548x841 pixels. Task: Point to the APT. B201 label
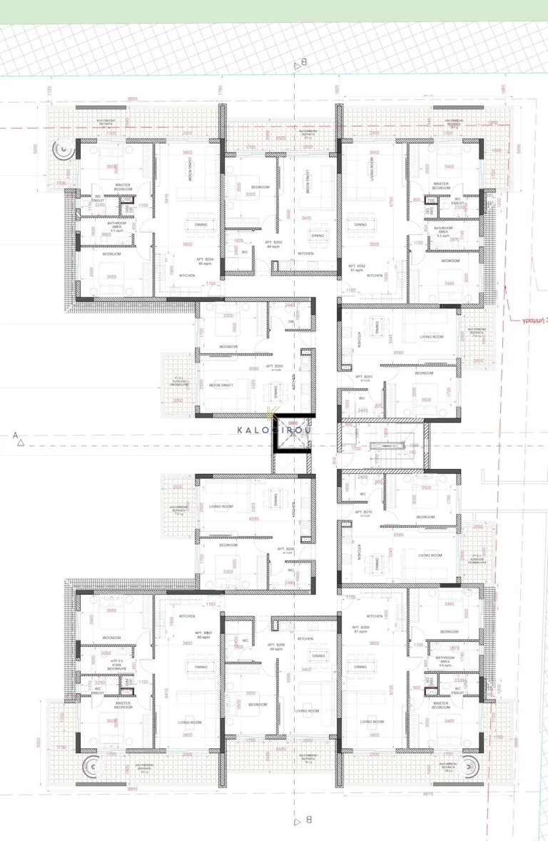(x=364, y=376)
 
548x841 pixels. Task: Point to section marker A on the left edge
(x=16, y=435)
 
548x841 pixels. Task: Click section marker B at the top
(x=301, y=64)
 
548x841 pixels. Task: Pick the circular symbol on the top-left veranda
(x=65, y=151)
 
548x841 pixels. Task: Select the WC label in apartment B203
(x=245, y=251)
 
